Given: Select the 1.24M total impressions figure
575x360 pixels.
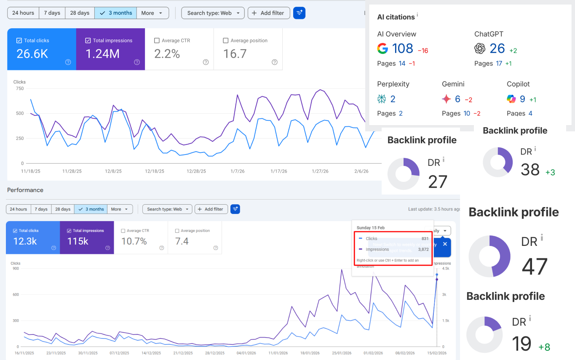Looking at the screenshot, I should point(102,54).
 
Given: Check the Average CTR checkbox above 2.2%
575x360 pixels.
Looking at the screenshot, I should point(157,41).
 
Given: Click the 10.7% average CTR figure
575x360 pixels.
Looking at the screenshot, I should point(134,241).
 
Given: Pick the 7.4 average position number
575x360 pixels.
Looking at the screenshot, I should point(182,241).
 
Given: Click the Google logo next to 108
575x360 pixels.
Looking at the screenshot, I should point(382,49).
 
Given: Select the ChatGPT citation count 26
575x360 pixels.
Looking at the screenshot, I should point(497,49).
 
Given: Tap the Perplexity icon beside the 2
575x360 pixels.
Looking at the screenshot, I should point(382,99).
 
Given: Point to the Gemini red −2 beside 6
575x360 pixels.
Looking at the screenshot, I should point(468,100).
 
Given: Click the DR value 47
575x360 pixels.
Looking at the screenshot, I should point(535,266).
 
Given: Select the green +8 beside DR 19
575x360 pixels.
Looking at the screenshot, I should point(544,347).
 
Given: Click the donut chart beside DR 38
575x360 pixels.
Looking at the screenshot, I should point(497,162).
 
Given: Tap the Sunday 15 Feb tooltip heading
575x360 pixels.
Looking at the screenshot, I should point(371,228).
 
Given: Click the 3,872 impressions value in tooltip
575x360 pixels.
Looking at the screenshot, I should point(423,249).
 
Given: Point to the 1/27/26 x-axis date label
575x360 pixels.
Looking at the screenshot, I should point(320,171).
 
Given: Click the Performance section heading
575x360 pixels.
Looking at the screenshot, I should point(25,190).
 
